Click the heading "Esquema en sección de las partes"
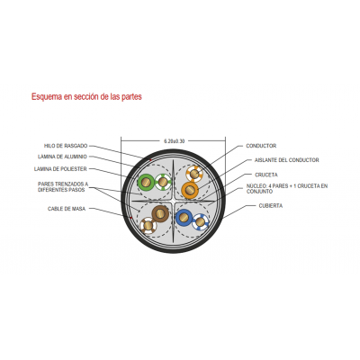tap(86, 97)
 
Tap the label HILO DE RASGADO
tap(66, 146)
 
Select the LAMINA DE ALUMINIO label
tap(62, 157)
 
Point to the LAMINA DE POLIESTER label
tap(60, 169)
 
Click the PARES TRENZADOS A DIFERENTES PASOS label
tap(63, 187)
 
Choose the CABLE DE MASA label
tap(67, 209)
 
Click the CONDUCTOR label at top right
tap(261, 146)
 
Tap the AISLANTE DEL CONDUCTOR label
tap(287, 160)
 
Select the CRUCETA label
tap(266, 175)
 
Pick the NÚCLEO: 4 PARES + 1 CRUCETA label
tap(287, 189)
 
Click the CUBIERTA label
tap(271, 206)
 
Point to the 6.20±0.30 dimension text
tap(174, 141)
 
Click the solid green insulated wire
tap(146, 182)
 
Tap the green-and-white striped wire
tap(163, 182)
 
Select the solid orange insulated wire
tap(190, 190)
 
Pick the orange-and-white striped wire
tap(194, 174)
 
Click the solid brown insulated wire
tap(160, 213)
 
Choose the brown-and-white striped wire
tap(148, 226)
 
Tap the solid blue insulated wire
tap(184, 218)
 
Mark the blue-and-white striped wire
tap(201, 222)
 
